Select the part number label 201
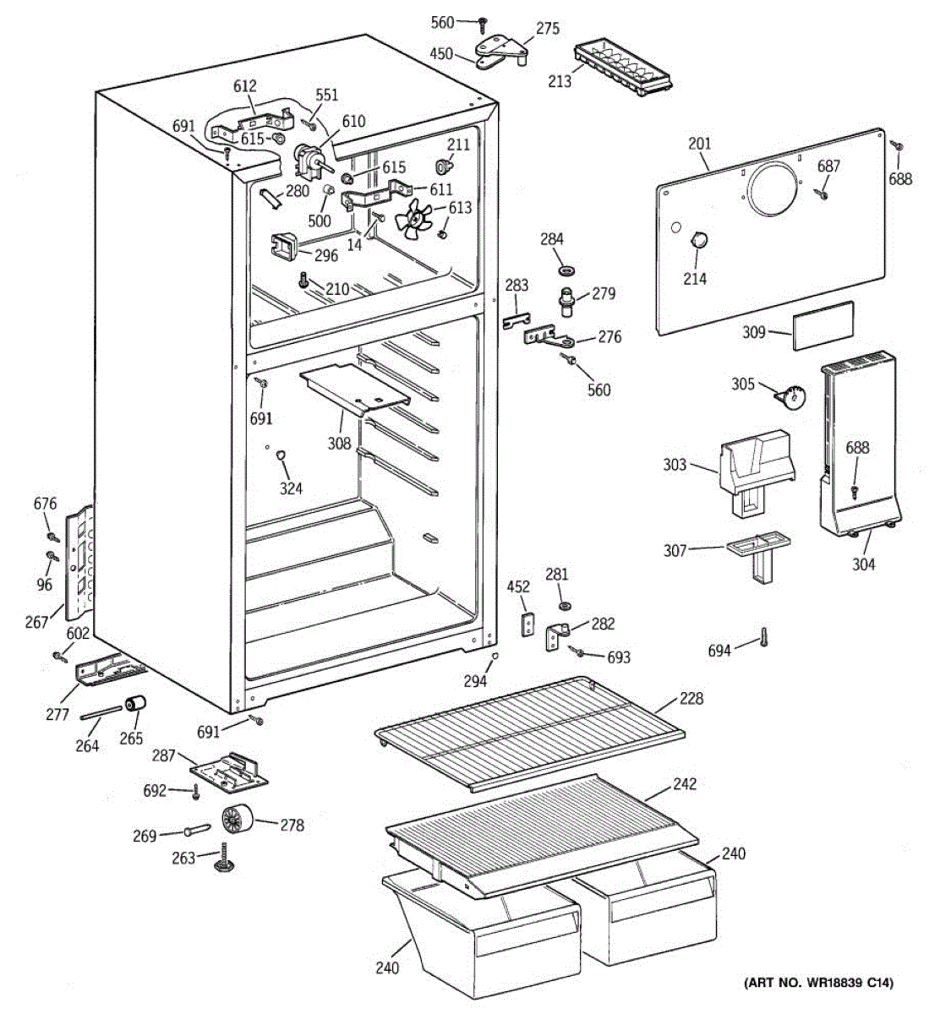[699, 144]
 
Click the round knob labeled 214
[698, 240]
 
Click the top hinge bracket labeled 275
[502, 50]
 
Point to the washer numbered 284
[566, 270]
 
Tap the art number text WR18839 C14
[818, 983]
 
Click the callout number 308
[339, 442]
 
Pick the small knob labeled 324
[281, 457]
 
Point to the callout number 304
[863, 564]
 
